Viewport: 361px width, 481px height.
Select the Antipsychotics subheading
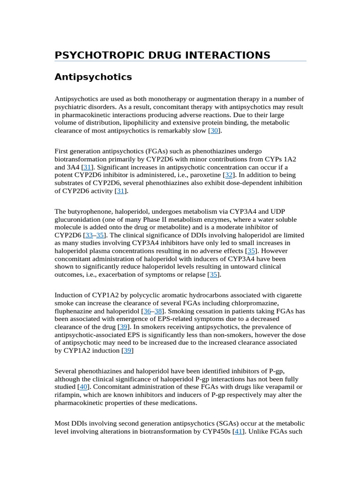93,77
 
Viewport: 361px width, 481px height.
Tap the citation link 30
214,131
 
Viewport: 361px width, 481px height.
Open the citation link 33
89,235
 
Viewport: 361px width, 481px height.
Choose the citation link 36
147,311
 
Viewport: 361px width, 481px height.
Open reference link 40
84,387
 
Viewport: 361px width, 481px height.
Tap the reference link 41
238,431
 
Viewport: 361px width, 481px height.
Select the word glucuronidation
77,219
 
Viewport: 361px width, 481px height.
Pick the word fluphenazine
73,311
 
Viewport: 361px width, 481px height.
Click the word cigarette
289,295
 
